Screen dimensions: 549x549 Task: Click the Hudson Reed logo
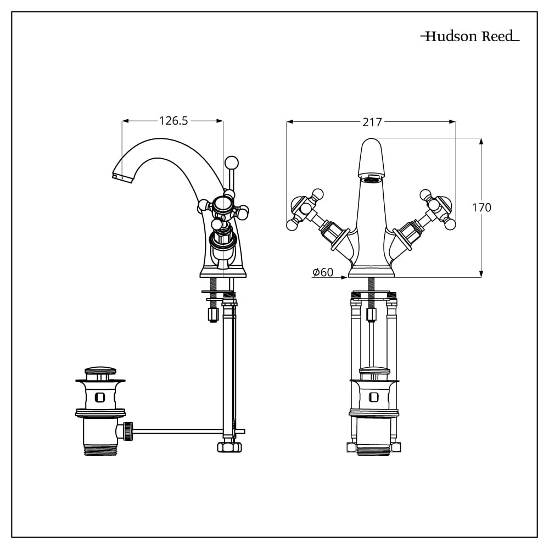469,37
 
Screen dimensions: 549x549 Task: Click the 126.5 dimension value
173,121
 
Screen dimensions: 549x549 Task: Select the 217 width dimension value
372,122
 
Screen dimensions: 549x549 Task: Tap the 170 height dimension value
482,208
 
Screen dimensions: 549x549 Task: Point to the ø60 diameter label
323,272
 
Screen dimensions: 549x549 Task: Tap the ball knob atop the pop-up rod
231,163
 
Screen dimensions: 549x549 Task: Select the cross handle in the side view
222,206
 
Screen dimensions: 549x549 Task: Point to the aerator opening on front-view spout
372,178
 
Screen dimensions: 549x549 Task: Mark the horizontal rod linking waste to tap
176,430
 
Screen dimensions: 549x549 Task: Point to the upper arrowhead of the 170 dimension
481,141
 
